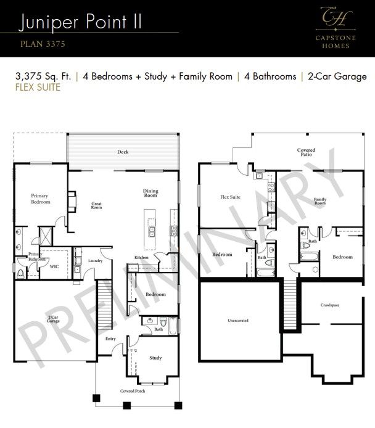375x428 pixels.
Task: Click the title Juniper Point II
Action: click(81, 22)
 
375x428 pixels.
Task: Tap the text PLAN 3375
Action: click(43, 44)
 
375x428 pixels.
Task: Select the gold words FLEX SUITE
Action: click(38, 88)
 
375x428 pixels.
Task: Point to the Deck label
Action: click(123, 152)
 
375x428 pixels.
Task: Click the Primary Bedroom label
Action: click(39, 199)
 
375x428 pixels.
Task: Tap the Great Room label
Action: click(97, 205)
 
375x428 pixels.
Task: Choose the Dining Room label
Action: click(150, 194)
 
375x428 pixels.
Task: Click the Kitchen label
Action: click(142, 257)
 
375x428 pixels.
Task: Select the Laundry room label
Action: click(94, 261)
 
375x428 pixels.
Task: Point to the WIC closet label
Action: click(54, 267)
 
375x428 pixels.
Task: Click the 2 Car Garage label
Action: click(54, 319)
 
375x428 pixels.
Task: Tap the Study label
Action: click(156, 358)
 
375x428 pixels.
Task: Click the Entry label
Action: click(110, 339)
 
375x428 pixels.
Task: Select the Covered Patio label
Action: click(306, 152)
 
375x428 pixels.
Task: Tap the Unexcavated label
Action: click(237, 321)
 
